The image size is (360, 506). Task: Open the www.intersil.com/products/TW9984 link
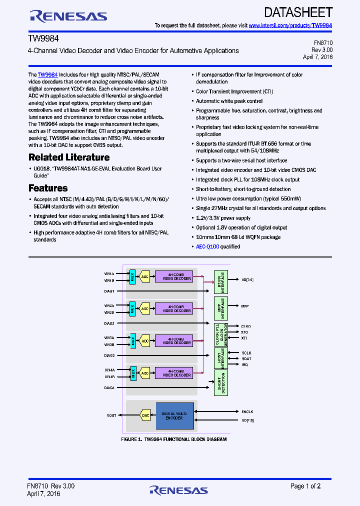click(x=290, y=25)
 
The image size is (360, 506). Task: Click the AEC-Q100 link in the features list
click(x=207, y=246)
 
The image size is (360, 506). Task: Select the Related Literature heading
click(x=69, y=157)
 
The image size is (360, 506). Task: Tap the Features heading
click(x=48, y=188)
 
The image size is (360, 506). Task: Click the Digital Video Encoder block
click(x=174, y=416)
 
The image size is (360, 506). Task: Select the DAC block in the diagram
click(x=145, y=415)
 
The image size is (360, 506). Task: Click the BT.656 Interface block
click(x=220, y=282)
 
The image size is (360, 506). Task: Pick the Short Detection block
click(x=220, y=382)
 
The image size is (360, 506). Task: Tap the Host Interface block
click(x=220, y=358)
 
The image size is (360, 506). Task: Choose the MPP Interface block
click(x=220, y=308)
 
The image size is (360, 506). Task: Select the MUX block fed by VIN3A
click(x=132, y=341)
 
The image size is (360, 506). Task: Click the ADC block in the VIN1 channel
click(x=144, y=276)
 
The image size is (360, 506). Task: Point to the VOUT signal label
click(x=111, y=415)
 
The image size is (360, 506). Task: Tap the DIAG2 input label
click(x=109, y=323)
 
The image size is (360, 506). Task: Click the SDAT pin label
click(x=246, y=358)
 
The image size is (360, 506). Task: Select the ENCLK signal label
click(x=247, y=411)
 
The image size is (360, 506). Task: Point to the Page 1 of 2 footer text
click(x=305, y=486)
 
